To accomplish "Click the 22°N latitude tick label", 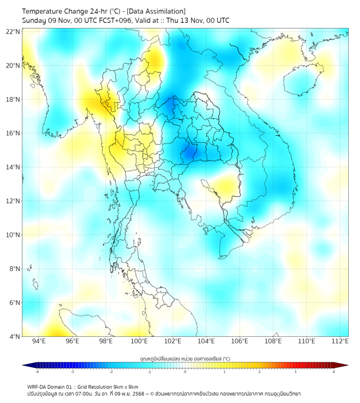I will tap(13, 31).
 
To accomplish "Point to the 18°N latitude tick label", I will tap(13, 99).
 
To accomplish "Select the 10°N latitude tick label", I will tap(13, 235).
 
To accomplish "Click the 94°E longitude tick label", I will tap(39, 341).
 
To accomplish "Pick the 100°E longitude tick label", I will tap(139, 341).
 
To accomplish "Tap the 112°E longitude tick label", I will tap(340, 341).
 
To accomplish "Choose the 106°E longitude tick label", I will tap(240, 341).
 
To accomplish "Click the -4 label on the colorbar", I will tap(37, 372).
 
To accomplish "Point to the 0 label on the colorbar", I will tap(185, 372).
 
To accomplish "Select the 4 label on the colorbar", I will tap(333, 372).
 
